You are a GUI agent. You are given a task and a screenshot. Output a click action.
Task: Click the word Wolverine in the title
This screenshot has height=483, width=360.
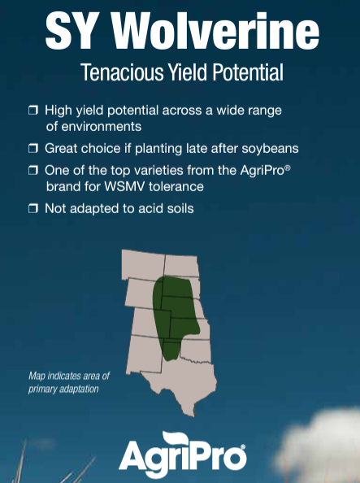pyautogui.click(x=215, y=31)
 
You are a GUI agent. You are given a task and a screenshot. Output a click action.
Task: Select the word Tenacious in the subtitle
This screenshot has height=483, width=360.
pyautogui.click(x=122, y=72)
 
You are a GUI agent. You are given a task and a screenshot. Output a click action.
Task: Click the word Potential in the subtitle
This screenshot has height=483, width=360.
pyautogui.click(x=248, y=72)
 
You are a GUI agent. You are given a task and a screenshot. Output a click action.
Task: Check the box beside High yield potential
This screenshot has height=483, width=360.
pyautogui.click(x=33, y=110)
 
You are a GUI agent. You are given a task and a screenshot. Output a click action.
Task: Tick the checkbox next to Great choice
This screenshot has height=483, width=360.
pyautogui.click(x=33, y=148)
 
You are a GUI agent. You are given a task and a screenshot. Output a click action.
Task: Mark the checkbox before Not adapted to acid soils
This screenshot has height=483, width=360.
pyautogui.click(x=33, y=208)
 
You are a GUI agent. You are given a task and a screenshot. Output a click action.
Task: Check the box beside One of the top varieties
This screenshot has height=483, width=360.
pyautogui.click(x=33, y=170)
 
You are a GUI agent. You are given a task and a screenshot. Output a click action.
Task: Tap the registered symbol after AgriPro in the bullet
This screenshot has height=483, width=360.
pyautogui.click(x=288, y=168)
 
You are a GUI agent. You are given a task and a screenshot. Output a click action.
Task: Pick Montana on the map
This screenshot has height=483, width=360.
pyautogui.click(x=142, y=265)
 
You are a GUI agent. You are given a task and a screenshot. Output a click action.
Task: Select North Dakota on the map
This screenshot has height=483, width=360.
pyautogui.click(x=181, y=266)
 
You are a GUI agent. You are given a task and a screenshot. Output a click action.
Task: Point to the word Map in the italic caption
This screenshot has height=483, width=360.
pyautogui.click(x=37, y=376)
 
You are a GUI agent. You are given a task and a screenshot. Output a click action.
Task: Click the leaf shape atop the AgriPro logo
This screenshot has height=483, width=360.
pyautogui.click(x=176, y=438)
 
